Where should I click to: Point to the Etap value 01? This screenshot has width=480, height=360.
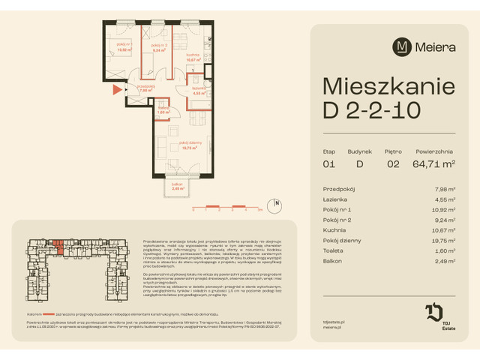pos(329,161)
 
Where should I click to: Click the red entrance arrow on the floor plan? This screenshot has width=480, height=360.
pos(116,90)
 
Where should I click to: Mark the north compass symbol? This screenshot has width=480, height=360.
pos(277,202)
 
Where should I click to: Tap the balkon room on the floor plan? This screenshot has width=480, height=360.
pos(176,187)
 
